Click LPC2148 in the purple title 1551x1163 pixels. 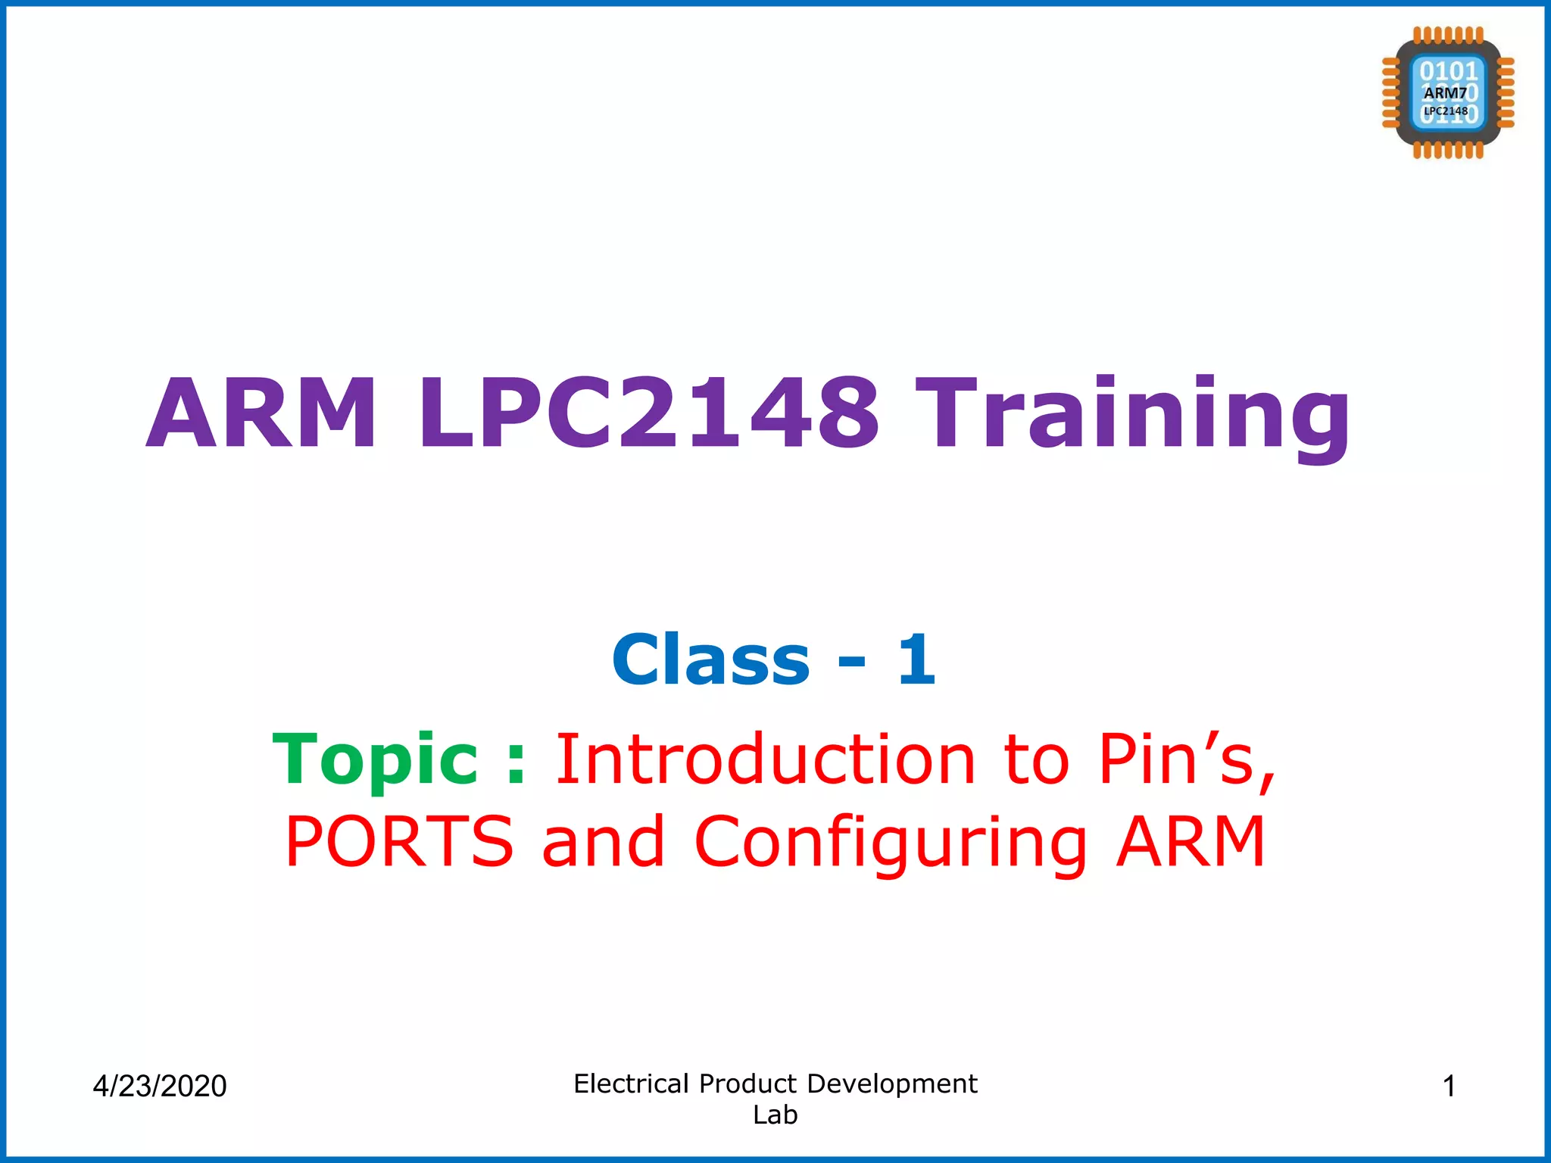(x=649, y=415)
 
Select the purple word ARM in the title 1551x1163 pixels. (x=262, y=415)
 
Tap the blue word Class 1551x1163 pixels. (x=711, y=660)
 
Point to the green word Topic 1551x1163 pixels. (x=376, y=760)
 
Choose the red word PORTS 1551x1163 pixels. (x=400, y=841)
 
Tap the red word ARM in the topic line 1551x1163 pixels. (x=1191, y=841)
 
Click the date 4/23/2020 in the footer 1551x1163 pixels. (x=160, y=1086)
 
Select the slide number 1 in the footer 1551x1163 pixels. (x=1449, y=1086)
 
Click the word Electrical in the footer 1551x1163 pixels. (x=631, y=1083)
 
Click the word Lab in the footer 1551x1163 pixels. (x=775, y=1115)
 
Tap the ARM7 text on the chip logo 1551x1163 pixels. (x=1445, y=93)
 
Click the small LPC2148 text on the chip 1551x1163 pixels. (x=1446, y=111)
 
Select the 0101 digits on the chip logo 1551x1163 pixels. (x=1448, y=71)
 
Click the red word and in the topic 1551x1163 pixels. (x=604, y=841)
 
